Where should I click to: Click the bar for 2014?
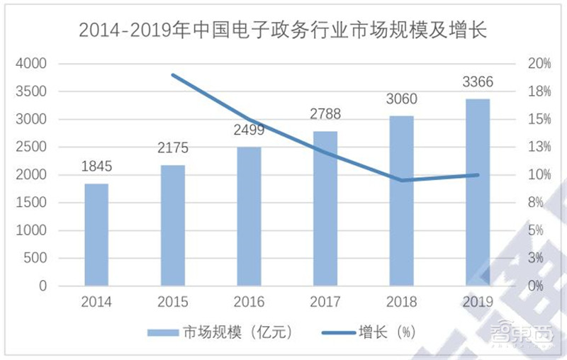96,235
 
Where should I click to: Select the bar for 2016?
249,216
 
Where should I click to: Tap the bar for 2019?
478,192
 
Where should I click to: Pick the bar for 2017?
325,208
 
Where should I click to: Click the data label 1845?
96,167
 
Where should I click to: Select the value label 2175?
173,149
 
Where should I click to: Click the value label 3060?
401,99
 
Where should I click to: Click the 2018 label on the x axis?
401,303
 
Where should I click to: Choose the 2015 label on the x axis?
173,303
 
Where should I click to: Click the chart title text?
283,30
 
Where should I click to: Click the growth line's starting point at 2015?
173,74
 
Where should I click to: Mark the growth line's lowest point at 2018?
402,180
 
